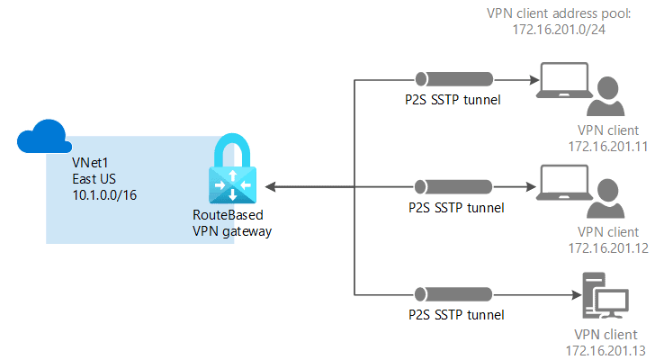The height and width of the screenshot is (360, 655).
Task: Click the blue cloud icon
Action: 44,138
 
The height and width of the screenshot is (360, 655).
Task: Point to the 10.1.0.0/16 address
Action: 101,193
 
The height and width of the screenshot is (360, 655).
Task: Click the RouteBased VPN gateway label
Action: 232,223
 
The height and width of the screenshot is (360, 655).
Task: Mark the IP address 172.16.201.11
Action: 601,145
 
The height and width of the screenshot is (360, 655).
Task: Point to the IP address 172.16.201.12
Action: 601,247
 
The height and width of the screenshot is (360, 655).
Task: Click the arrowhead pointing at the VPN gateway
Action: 268,187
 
